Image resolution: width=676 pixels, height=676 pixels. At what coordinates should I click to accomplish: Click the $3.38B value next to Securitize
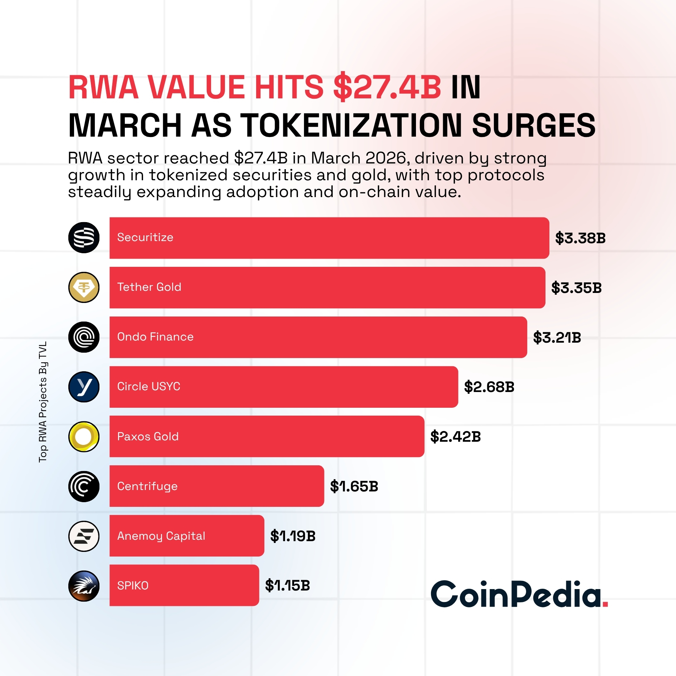click(580, 238)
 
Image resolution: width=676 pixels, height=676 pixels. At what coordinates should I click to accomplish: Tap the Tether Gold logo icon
click(84, 287)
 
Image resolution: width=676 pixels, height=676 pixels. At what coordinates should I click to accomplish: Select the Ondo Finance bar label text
click(155, 337)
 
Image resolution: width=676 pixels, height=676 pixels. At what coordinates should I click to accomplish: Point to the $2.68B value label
click(489, 387)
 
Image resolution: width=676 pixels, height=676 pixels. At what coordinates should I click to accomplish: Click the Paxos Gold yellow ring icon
click(84, 436)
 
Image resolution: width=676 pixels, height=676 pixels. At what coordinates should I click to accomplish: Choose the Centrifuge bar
click(216, 486)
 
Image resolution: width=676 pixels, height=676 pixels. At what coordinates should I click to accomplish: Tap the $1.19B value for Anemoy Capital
click(293, 536)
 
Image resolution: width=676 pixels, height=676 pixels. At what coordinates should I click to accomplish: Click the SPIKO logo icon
click(84, 586)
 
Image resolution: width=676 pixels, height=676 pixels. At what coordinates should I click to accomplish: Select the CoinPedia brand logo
click(519, 594)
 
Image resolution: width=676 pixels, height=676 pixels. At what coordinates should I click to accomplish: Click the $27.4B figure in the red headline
click(387, 87)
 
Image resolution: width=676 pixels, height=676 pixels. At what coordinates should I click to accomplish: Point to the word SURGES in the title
click(534, 125)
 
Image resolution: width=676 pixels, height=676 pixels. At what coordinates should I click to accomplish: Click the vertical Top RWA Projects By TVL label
click(43, 402)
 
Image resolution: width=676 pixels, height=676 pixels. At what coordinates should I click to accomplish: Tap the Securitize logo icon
click(84, 237)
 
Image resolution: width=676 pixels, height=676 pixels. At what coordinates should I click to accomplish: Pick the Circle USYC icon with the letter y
click(84, 387)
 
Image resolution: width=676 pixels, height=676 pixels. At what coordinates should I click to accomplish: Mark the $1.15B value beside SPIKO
click(287, 586)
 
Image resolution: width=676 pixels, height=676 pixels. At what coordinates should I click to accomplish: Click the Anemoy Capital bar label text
click(161, 536)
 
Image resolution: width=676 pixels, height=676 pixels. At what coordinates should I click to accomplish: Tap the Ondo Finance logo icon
click(84, 337)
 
